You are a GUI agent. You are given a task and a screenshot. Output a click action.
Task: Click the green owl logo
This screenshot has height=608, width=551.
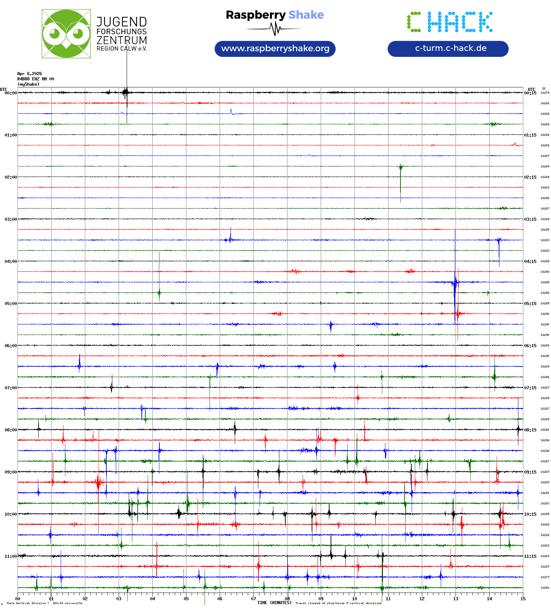click(66, 34)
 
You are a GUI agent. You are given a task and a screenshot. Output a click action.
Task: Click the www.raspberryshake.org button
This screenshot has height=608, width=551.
click(275, 48)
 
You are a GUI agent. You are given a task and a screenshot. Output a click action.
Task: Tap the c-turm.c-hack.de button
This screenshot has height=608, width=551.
click(448, 48)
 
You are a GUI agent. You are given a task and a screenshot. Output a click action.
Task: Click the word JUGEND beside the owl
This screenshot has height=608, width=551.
click(121, 22)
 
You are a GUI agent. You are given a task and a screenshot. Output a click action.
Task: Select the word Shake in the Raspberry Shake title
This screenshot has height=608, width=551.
click(306, 15)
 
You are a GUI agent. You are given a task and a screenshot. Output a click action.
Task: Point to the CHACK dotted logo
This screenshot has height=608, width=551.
click(450, 22)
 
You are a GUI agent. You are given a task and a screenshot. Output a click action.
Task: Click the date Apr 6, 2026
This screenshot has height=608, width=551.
click(29, 74)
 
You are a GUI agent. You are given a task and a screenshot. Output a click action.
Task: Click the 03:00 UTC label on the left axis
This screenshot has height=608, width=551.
click(11, 219)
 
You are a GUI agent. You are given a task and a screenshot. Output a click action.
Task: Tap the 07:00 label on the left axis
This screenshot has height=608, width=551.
click(11, 388)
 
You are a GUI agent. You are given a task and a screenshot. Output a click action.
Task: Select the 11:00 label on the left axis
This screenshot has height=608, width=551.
click(11, 556)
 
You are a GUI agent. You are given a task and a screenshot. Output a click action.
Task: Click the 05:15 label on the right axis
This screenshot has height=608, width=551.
click(530, 304)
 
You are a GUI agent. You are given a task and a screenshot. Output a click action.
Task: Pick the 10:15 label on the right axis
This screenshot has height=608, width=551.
click(530, 514)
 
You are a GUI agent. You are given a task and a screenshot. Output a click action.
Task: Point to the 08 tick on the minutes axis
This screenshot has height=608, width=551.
click(287, 599)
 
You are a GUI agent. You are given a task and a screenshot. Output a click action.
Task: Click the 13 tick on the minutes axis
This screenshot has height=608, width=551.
click(456, 599)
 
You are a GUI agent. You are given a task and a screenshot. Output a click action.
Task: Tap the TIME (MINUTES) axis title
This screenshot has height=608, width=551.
click(274, 603)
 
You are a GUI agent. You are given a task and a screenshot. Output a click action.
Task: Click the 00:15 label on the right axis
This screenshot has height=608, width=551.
click(530, 93)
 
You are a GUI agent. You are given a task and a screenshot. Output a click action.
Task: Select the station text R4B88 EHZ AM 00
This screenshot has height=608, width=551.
click(36, 79)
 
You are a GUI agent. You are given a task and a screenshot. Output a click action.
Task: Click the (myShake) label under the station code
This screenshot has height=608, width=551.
click(28, 84)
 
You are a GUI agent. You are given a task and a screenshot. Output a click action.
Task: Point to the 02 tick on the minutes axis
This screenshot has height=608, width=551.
click(85, 599)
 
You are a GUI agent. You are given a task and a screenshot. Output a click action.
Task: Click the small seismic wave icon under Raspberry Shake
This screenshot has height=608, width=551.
click(275, 29)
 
